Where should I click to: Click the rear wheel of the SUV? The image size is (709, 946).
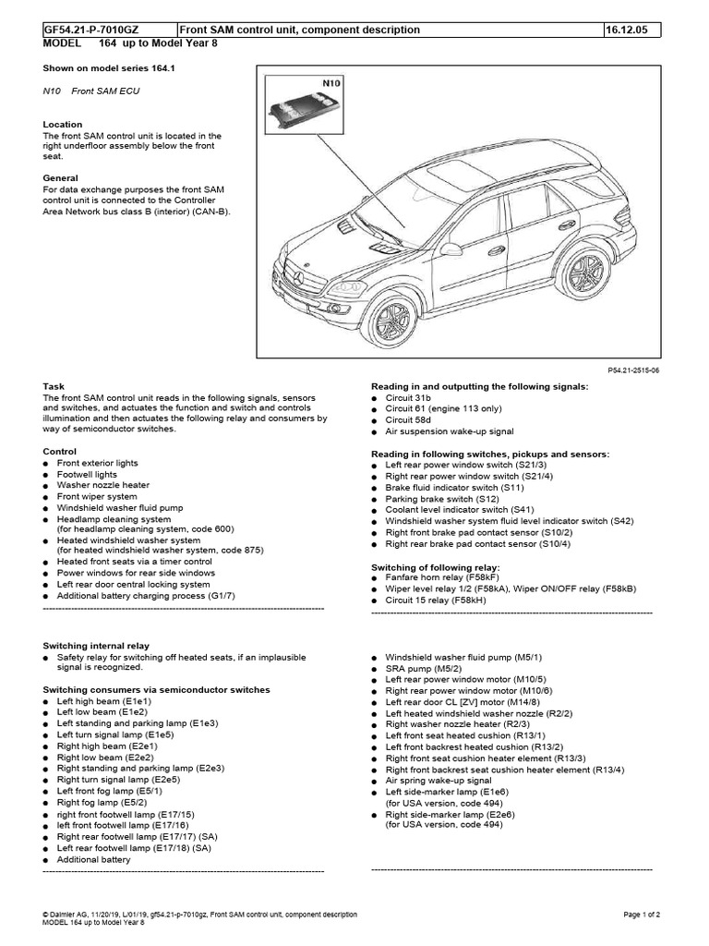point(585,273)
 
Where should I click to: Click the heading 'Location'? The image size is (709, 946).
point(63,124)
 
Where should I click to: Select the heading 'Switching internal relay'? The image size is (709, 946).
point(97,645)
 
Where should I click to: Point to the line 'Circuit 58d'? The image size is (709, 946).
point(410,420)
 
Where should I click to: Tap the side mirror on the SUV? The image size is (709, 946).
point(451,249)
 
